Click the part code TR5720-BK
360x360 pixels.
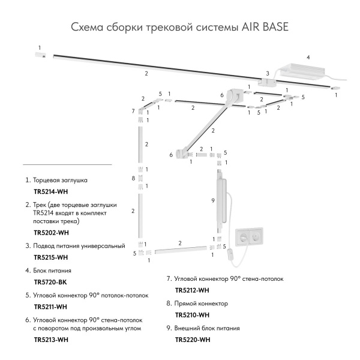click(x=50, y=281)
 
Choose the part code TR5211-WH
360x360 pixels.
click(x=50, y=307)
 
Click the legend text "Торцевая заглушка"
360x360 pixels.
click(x=61, y=180)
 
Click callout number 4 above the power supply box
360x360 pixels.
click(x=308, y=58)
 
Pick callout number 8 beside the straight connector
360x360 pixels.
click(x=133, y=179)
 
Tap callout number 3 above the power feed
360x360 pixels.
click(x=268, y=74)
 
